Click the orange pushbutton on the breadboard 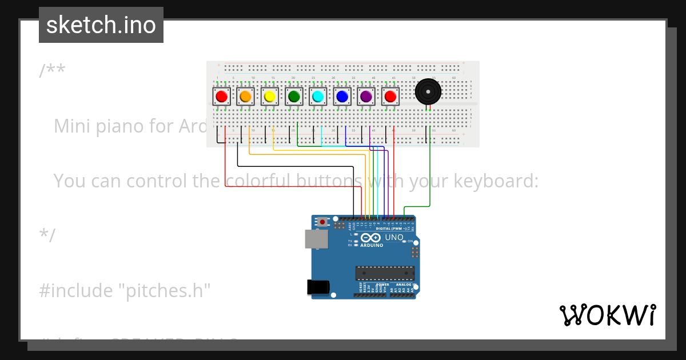(x=246, y=97)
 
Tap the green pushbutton (x=294, y=97)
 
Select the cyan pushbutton (x=318, y=97)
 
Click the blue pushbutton (x=342, y=97)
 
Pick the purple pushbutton (x=366, y=97)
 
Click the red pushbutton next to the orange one (x=222, y=97)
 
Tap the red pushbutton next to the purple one (x=390, y=97)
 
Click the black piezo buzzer (x=428, y=92)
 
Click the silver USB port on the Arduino (x=317, y=239)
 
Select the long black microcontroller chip (x=384, y=273)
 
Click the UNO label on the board (x=394, y=237)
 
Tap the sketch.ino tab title (x=101, y=25)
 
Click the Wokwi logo (x=607, y=315)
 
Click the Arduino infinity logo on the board (x=370, y=238)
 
